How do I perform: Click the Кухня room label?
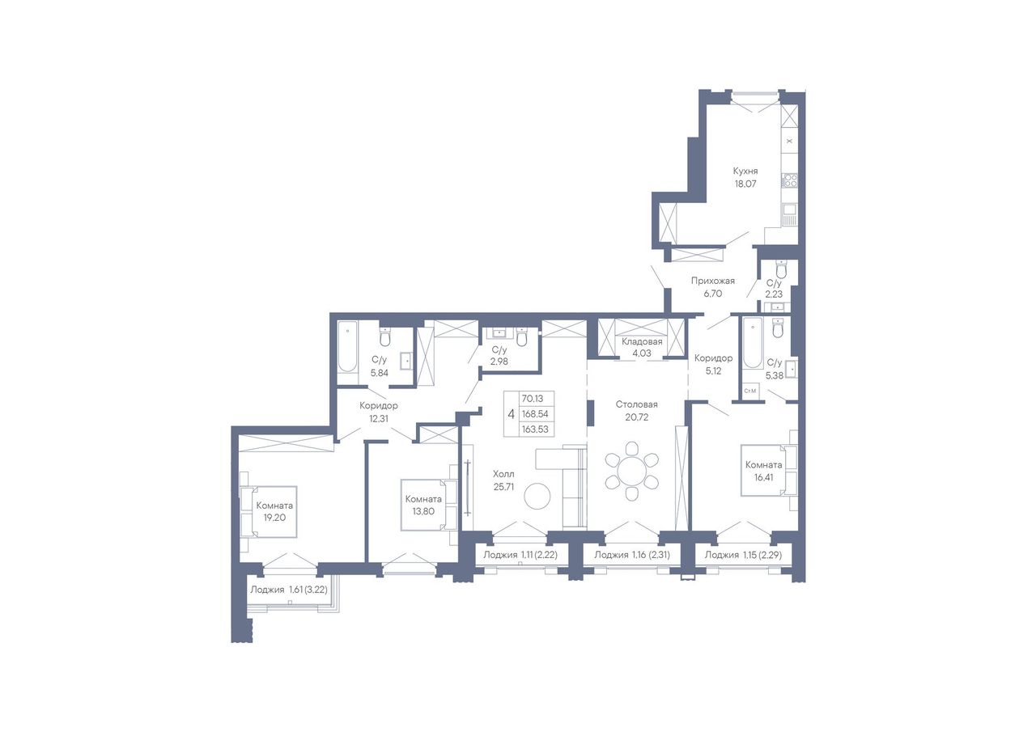click(x=745, y=171)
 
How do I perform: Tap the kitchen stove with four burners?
click(x=789, y=180)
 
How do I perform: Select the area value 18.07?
click(x=745, y=184)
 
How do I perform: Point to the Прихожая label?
click(x=713, y=281)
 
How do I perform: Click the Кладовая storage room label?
click(x=642, y=341)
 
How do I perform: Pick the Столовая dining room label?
click(x=636, y=404)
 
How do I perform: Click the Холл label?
click(x=503, y=474)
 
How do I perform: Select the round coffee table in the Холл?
click(x=537, y=497)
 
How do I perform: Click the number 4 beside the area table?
click(x=511, y=413)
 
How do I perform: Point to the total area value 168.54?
click(x=535, y=413)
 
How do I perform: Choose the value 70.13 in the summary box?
click(x=533, y=398)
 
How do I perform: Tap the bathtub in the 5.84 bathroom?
click(x=347, y=347)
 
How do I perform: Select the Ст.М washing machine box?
click(x=750, y=391)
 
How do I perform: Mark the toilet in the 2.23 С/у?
click(x=781, y=269)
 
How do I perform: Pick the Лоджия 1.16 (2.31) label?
click(x=632, y=555)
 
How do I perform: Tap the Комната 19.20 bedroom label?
click(x=274, y=511)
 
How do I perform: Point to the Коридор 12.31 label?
click(x=378, y=413)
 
